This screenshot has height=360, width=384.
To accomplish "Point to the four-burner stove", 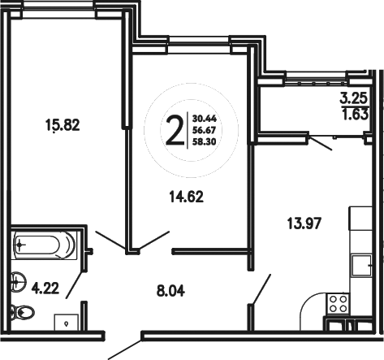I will click(338, 304).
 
